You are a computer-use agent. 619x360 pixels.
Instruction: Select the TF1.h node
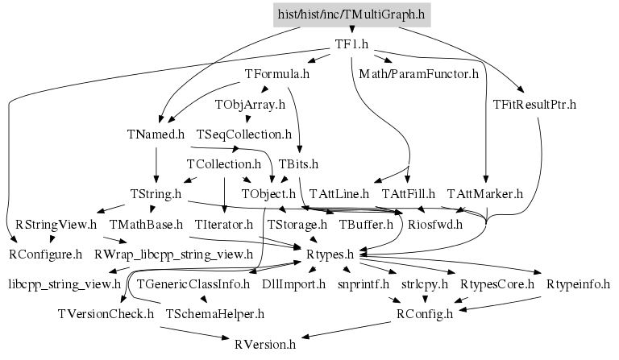351,44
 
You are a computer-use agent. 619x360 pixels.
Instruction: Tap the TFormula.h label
277,74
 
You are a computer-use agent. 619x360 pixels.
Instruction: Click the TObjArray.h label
250,105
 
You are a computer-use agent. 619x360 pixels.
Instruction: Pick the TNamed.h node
156,134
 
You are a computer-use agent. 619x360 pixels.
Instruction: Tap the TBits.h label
299,163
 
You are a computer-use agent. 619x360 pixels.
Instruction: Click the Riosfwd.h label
435,224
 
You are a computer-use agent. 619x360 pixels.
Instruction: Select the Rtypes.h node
330,254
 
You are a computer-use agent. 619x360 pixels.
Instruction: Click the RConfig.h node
425,314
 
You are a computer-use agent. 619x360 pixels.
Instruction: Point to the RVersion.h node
265,345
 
